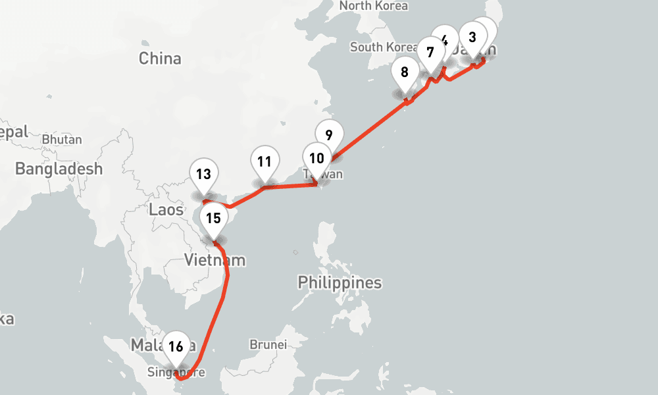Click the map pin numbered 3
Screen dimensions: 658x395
tap(472, 38)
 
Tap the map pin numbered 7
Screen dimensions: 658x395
tap(430, 52)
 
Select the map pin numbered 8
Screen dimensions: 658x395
tap(405, 72)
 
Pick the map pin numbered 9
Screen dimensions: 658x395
tap(329, 134)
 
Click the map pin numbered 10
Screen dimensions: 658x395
tap(317, 159)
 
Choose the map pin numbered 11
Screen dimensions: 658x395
tap(265, 162)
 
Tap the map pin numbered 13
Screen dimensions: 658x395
tap(203, 174)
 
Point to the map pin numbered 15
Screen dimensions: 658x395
tap(213, 218)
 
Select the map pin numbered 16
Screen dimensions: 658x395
tap(175, 346)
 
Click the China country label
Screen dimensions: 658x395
tap(160, 59)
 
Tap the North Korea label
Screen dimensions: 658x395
tap(373, 6)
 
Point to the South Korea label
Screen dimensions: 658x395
tap(383, 47)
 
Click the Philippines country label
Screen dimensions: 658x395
tap(340, 283)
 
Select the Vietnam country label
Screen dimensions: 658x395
tap(215, 260)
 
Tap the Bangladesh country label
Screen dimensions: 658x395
tap(59, 169)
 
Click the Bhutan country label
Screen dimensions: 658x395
tap(62, 140)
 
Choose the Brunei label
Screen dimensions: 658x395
tap(268, 344)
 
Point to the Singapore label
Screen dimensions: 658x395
tap(176, 373)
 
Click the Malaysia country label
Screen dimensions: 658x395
tap(148, 346)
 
